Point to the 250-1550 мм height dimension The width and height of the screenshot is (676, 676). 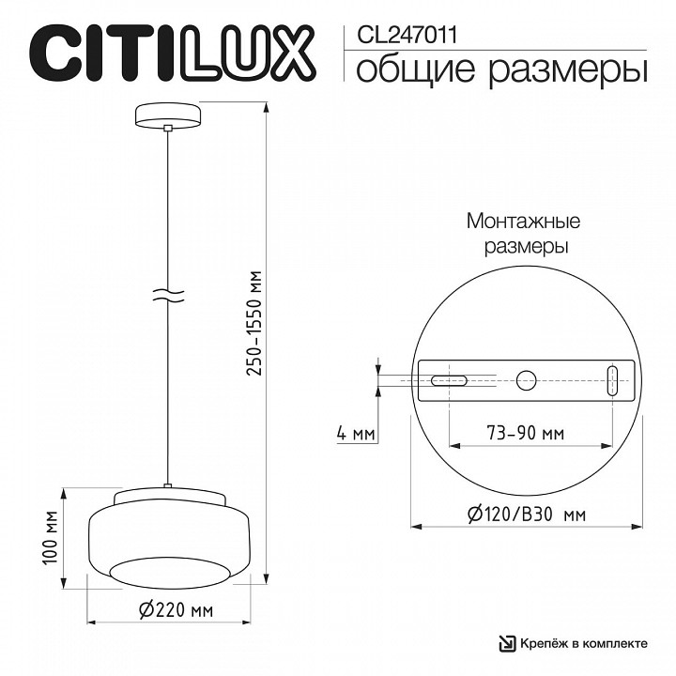(254, 324)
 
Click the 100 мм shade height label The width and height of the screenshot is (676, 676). (51, 539)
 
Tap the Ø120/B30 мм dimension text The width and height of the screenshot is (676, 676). (529, 515)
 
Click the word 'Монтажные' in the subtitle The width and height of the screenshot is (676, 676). (523, 223)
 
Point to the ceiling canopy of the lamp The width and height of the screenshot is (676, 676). (168, 115)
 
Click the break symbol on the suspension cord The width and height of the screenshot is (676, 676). (168, 294)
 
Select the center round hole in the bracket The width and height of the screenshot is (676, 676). (527, 380)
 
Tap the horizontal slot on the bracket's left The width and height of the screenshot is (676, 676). (449, 380)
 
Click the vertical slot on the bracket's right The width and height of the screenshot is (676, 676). (611, 380)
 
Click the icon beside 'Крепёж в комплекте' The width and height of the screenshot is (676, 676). (507, 643)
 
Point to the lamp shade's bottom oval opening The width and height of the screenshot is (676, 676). (169, 569)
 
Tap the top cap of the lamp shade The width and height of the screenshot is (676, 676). (169, 497)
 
